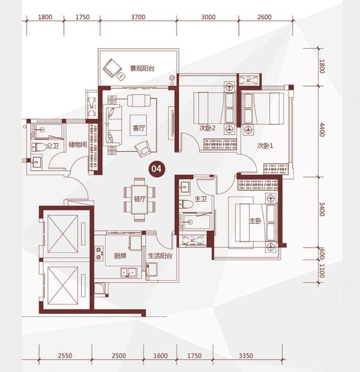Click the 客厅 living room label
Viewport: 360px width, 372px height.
[x=139, y=128]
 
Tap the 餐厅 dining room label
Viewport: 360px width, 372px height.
[x=139, y=199]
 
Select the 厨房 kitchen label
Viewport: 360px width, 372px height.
[x=120, y=256]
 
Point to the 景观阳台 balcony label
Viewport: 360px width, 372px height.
[x=142, y=69]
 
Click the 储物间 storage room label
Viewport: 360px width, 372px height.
[x=78, y=145]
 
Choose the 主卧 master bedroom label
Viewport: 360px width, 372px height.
[x=255, y=221]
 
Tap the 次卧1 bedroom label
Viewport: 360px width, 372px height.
[x=265, y=146]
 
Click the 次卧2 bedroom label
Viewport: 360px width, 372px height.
[x=207, y=128]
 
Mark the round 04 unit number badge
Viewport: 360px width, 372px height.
[x=156, y=169]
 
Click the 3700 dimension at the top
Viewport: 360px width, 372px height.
[x=138, y=17]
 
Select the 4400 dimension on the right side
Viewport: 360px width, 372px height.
[x=322, y=130]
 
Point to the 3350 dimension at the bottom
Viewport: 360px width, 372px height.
[x=246, y=355]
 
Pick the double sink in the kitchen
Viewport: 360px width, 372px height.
[x=128, y=272]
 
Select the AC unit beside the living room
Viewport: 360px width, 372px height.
[x=92, y=107]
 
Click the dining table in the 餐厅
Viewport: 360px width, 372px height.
[x=139, y=199]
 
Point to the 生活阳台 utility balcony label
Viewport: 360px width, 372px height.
[x=160, y=256]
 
